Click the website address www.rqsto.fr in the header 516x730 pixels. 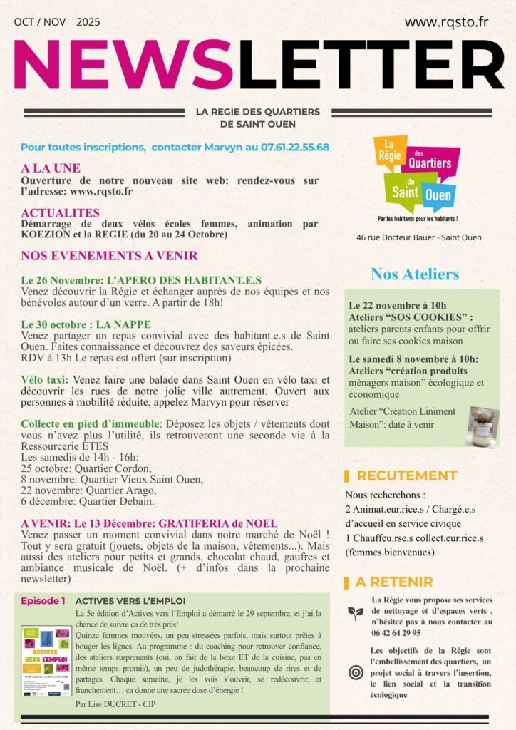pos(446,22)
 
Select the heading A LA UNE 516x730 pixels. pos(51,169)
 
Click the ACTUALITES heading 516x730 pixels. pos(61,212)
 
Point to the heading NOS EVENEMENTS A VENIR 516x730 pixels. pos(109,256)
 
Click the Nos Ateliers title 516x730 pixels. pos(415,274)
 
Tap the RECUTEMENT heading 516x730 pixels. pos(406,475)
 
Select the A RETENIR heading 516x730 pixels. pos(393,582)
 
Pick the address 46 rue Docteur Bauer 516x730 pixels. pos(419,237)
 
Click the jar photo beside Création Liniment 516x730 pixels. pos(483,426)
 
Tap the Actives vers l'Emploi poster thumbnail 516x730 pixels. pos(46,661)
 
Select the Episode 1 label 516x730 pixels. pos(43,601)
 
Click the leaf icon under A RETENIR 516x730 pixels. pos(356,612)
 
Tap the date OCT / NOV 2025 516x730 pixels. pos(57,22)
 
